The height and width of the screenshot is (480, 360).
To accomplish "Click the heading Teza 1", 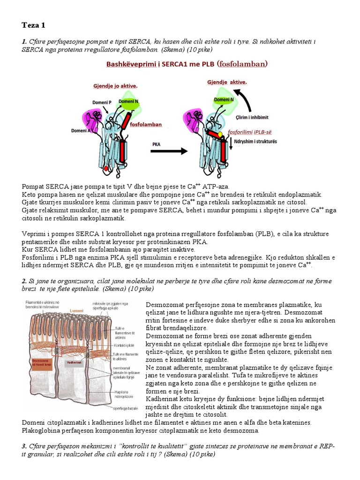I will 34,25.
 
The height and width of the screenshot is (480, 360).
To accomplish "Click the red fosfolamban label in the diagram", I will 146,125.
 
